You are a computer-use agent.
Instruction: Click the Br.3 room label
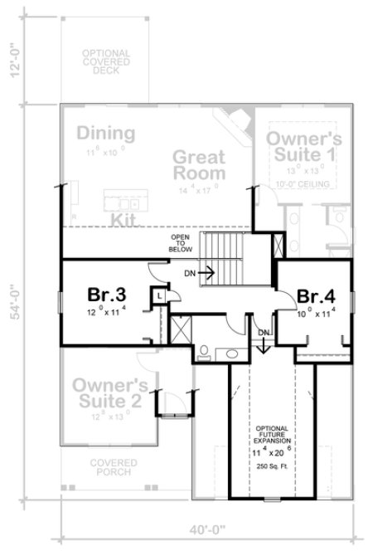coord(106,294)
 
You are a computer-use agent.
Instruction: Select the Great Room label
coord(199,164)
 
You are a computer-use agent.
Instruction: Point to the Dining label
coord(107,134)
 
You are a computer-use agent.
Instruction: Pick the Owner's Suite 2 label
coord(110,394)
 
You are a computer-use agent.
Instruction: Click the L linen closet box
coord(157,295)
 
